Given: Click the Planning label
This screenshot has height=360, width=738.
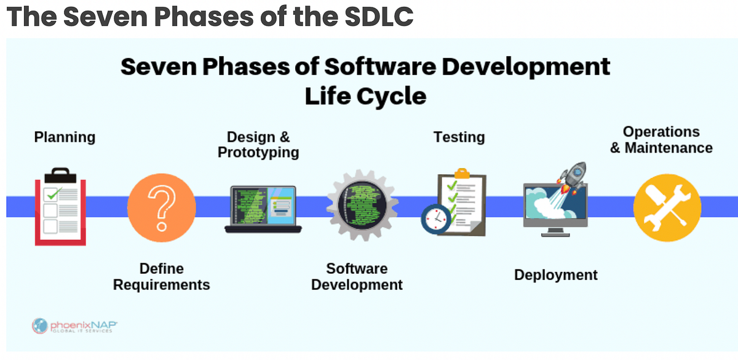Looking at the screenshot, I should [x=65, y=137].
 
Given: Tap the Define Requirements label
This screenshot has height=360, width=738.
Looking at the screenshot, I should [x=161, y=277].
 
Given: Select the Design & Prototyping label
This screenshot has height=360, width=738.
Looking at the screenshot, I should [x=258, y=145].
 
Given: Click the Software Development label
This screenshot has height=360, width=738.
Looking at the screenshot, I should [x=357, y=277].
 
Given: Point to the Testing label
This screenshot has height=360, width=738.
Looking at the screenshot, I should [x=459, y=137].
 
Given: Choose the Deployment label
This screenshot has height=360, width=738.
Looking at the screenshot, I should [x=556, y=275].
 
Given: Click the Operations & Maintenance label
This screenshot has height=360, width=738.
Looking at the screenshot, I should [x=661, y=140].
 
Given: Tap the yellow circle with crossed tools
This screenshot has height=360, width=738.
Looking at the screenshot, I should [x=667, y=206].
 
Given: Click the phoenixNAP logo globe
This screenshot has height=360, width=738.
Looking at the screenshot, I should [x=41, y=325].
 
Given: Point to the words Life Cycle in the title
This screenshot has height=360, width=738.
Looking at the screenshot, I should [x=365, y=96].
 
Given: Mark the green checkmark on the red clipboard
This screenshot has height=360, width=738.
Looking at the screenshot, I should [x=55, y=193].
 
